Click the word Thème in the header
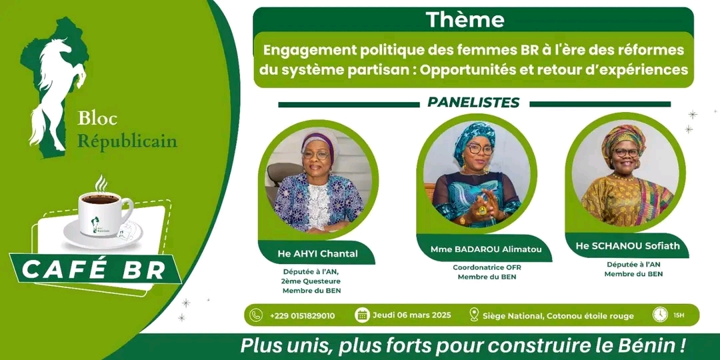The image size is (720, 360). [465, 20]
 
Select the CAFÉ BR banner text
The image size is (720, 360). [94, 271]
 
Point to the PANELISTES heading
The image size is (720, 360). [473, 102]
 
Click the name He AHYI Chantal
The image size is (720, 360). [317, 253]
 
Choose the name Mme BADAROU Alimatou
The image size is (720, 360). [486, 249]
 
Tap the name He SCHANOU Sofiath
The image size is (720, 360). [627, 245]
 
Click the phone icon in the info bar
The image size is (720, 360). [256, 315]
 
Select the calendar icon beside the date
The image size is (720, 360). [362, 315]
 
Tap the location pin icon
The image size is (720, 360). [475, 315]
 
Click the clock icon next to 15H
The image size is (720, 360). [660, 314]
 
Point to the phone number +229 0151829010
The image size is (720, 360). [302, 315]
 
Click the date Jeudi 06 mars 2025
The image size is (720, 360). [411, 315]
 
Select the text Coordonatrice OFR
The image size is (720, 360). [487, 267]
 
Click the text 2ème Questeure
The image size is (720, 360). [312, 281]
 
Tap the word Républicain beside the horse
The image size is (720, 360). [127, 141]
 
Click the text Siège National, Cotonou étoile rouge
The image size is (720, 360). [559, 315]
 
